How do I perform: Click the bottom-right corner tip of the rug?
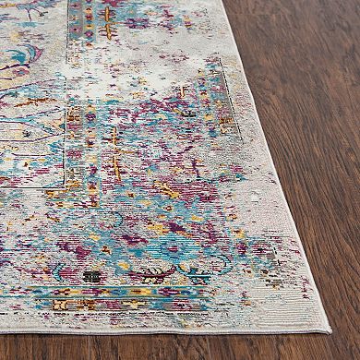[x=328, y=330]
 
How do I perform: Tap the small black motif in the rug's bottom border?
[x=90, y=275]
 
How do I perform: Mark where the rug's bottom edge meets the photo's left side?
[x=3, y=318]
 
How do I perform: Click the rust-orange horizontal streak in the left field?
[x=32, y=102]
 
